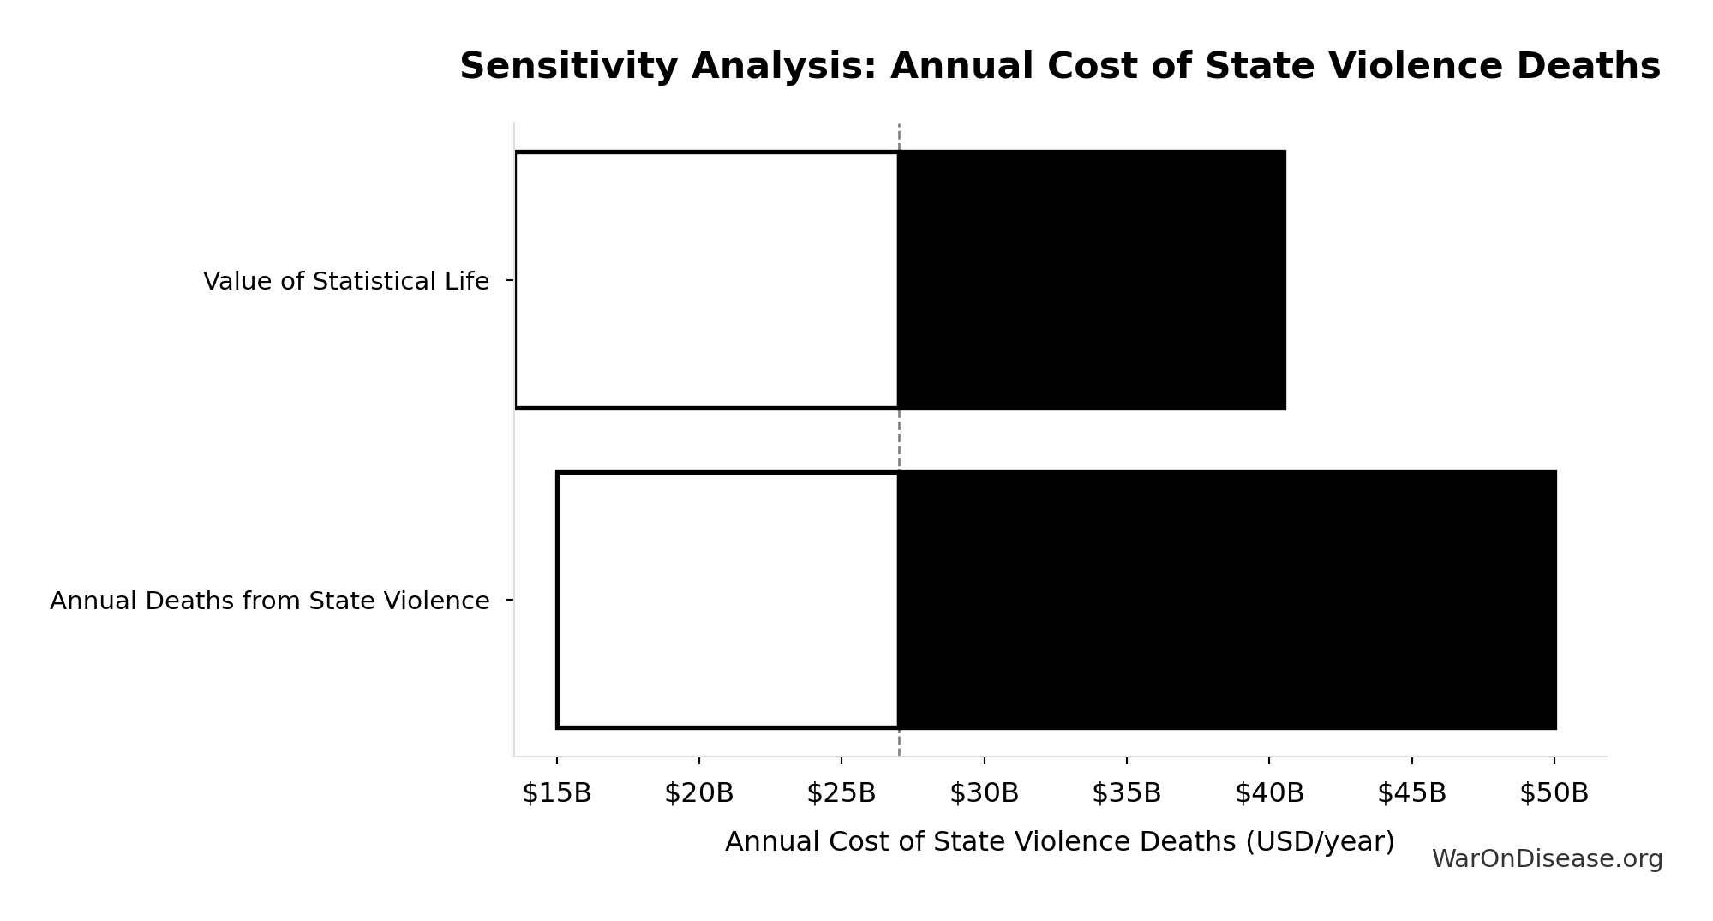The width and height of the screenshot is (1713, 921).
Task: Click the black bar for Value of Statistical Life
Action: point(1092,280)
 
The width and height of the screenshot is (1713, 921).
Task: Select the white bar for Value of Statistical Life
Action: point(707,280)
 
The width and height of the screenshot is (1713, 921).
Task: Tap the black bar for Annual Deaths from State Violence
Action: point(1227,600)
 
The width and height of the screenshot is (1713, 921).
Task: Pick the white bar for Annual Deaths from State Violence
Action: point(728,600)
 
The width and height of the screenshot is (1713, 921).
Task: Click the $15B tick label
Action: point(557,793)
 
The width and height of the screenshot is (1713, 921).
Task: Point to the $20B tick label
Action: point(699,793)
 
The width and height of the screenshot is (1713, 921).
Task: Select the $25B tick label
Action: point(842,793)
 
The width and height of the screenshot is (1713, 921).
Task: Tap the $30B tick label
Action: point(985,793)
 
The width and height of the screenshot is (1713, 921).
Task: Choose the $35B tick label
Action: point(1127,793)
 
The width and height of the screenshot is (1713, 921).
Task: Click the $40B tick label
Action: point(1269,793)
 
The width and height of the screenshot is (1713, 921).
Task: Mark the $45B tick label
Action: point(1411,793)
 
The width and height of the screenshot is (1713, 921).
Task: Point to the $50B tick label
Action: point(1554,793)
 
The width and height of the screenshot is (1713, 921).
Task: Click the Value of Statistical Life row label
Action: point(346,281)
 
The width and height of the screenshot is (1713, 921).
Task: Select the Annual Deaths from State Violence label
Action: point(270,601)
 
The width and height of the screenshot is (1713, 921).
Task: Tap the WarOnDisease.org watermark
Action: point(1547,858)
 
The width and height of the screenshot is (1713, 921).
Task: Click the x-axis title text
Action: point(1059,841)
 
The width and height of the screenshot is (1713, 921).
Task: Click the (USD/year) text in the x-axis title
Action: point(1320,841)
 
